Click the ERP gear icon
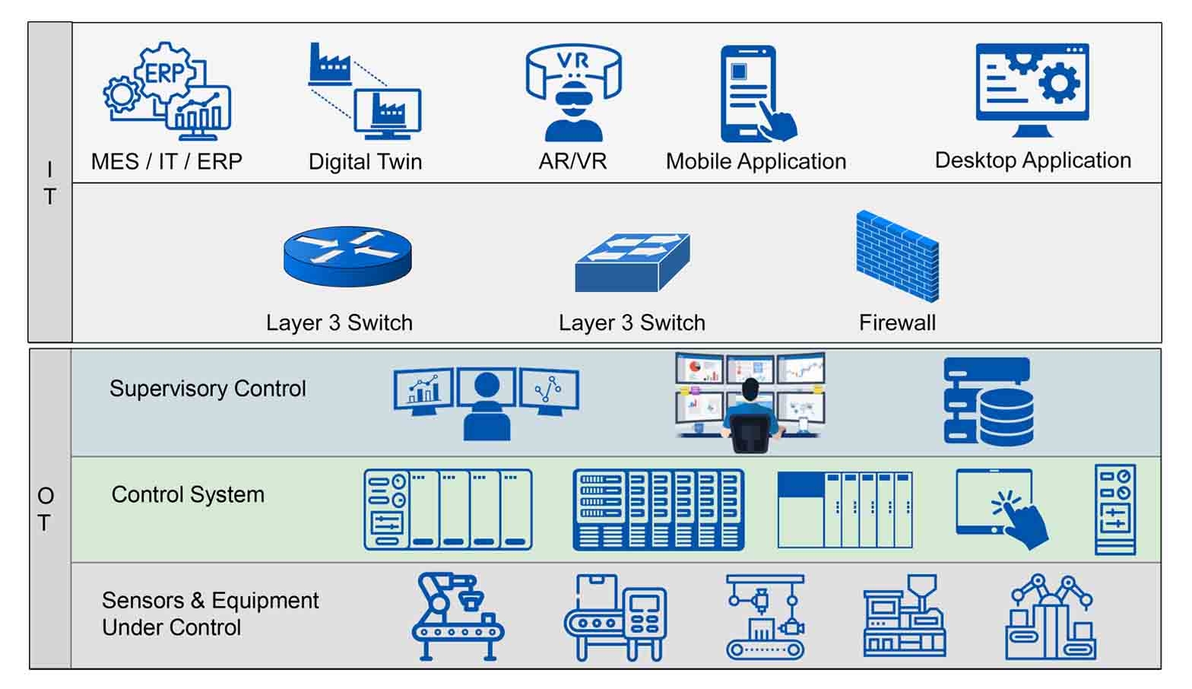166,91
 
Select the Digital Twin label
365,161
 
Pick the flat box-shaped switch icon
632,262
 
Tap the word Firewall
897,322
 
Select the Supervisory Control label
208,389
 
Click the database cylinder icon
988,401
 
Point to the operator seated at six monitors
750,402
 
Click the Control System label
188,494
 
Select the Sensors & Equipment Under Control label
210,614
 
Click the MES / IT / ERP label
166,161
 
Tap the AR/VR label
572,161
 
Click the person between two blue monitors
487,403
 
